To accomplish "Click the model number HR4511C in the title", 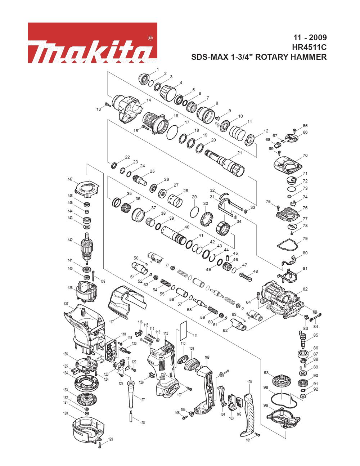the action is (x=309, y=47).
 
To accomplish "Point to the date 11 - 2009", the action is (x=310, y=37).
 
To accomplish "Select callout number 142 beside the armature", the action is (x=70, y=240).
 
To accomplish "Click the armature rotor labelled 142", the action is (x=86, y=249).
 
